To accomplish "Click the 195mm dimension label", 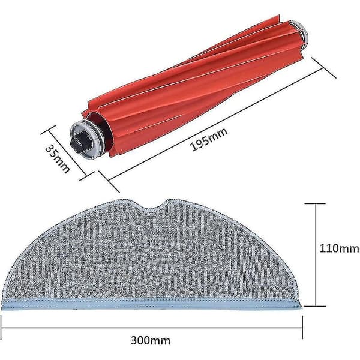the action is pos(209,139).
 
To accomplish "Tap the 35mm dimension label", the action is pos(57,159).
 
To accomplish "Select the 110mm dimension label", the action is pos(339,248).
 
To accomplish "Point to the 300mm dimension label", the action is pos(151,340).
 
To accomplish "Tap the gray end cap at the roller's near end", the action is pos(86,140).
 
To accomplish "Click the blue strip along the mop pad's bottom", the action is pos(152,304).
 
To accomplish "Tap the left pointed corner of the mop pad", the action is pos(2,308).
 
